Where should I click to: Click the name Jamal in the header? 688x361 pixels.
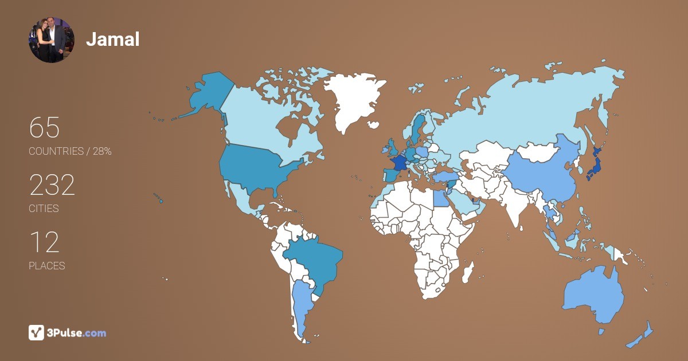click(113, 39)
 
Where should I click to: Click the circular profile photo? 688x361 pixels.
click(52, 40)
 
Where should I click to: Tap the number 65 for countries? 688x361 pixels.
click(44, 128)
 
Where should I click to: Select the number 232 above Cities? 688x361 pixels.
click(52, 185)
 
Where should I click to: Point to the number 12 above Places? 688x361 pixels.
click(44, 242)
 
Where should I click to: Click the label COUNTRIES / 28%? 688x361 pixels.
click(70, 151)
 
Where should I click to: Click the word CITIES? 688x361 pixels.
click(44, 209)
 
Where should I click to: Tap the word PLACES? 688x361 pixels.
click(46, 266)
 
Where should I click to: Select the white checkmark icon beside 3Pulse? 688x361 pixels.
click(36, 332)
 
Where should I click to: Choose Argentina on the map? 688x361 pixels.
click(301, 304)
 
